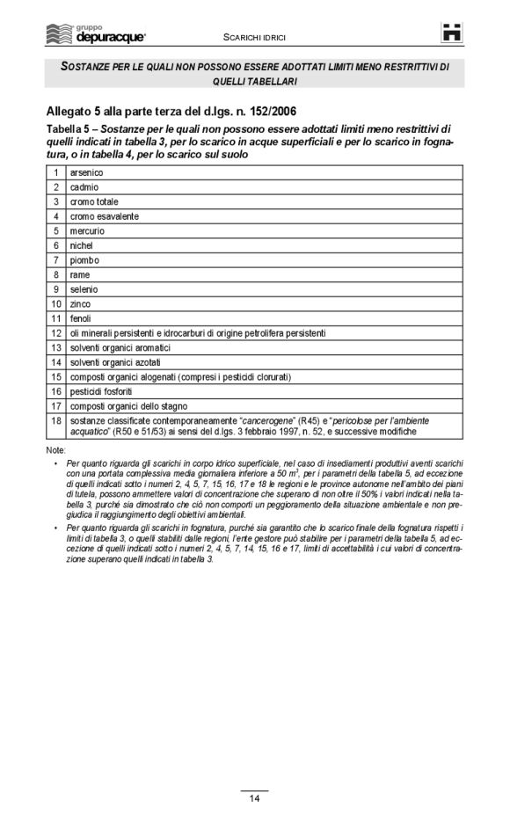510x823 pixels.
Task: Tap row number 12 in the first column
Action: (55, 333)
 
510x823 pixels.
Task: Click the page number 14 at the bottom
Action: (254, 798)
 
